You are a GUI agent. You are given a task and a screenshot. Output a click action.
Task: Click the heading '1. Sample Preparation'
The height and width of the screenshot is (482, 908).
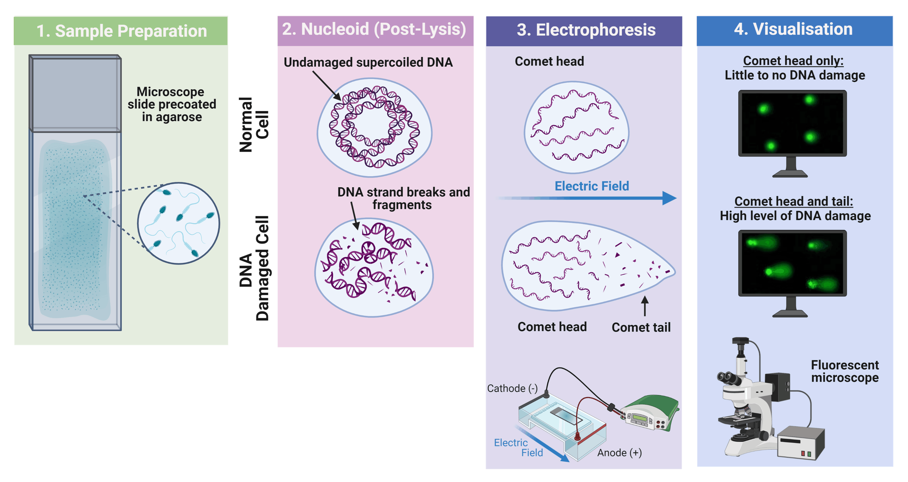click(x=122, y=31)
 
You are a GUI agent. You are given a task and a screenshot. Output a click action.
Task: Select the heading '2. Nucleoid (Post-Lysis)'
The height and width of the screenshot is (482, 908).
click(x=374, y=29)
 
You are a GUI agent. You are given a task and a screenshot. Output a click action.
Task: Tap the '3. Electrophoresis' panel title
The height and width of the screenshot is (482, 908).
click(x=586, y=30)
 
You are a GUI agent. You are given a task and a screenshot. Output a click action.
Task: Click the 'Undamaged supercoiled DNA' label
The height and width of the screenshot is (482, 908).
click(x=368, y=62)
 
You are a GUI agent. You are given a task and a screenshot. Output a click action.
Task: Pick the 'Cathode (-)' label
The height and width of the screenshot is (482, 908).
click(x=512, y=388)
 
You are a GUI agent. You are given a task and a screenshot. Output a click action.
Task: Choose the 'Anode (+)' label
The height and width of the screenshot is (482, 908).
click(x=619, y=453)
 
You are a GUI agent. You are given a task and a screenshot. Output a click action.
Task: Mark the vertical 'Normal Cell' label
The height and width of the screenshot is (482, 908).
click(x=254, y=125)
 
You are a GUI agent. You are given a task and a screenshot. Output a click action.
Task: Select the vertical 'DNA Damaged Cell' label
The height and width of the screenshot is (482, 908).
click(x=254, y=268)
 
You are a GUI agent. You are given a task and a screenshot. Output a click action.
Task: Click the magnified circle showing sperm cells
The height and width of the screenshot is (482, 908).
click(x=178, y=223)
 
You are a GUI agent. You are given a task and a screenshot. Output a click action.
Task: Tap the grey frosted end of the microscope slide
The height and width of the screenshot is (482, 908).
click(x=75, y=94)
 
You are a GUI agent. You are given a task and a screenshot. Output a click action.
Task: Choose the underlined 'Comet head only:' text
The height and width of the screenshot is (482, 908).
click(x=793, y=61)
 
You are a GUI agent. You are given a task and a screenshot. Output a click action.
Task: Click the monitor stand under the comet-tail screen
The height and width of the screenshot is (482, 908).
click(x=791, y=308)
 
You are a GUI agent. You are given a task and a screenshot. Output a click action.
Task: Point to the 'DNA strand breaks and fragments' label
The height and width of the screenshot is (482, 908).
click(x=403, y=198)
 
